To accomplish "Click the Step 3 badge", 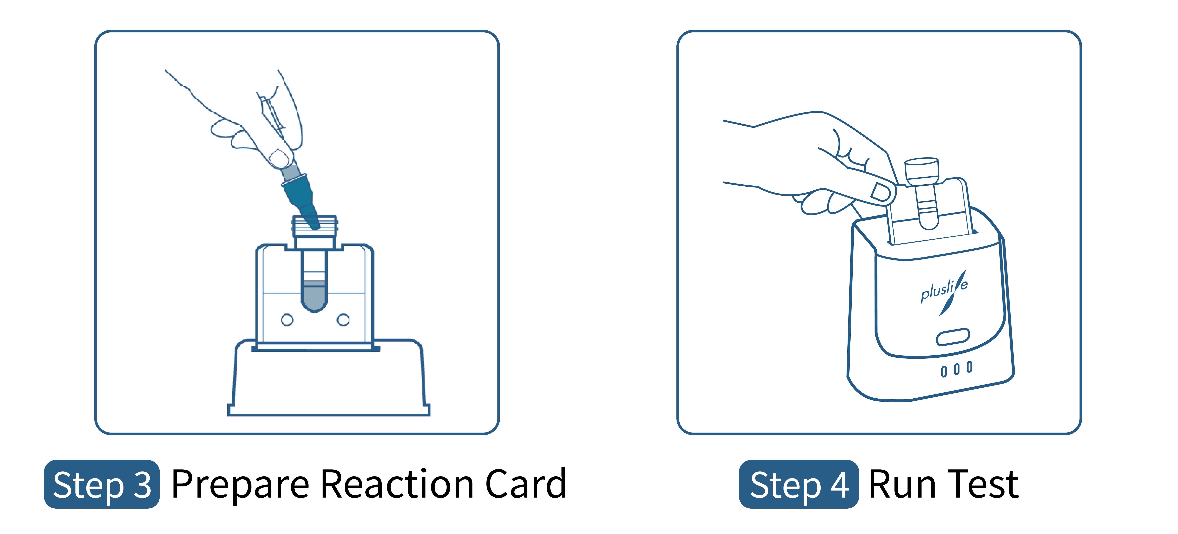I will pos(102,484).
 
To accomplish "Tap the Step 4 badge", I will pos(798,484).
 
